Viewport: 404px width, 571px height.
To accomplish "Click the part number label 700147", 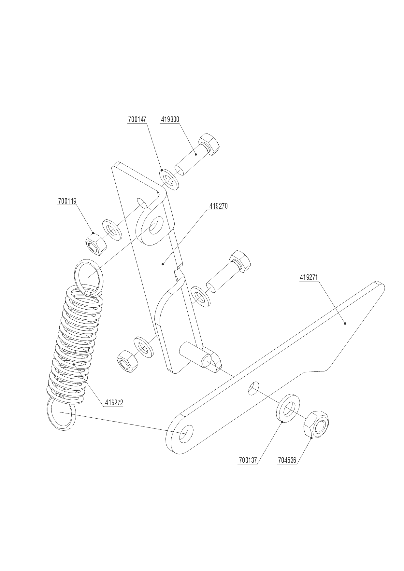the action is click(x=137, y=120).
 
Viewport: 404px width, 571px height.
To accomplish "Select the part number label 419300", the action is click(x=170, y=120).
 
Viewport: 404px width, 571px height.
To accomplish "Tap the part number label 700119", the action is click(x=67, y=201).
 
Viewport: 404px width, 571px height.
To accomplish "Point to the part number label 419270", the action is click(x=218, y=206).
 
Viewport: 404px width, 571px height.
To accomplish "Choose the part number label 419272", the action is click(x=114, y=403).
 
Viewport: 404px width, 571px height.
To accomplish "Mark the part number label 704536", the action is click(x=287, y=460).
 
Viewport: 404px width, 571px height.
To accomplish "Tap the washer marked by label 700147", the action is click(x=169, y=178).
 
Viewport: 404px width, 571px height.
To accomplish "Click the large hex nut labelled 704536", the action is click(x=316, y=425).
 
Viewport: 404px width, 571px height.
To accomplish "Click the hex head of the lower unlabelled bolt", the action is click(x=240, y=260).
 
